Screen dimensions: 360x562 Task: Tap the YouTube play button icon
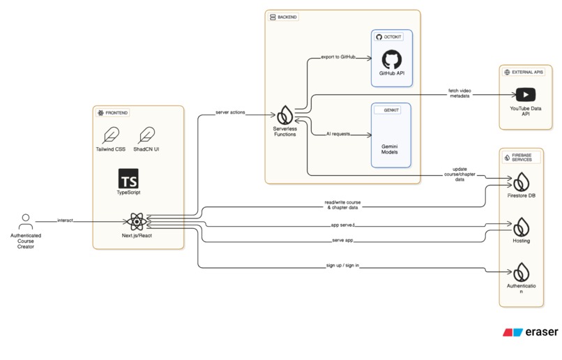point(525,94)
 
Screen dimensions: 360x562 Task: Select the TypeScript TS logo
point(128,179)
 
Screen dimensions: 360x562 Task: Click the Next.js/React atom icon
point(137,223)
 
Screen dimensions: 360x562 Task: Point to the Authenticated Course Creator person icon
point(26,223)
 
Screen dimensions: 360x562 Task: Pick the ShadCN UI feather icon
point(146,135)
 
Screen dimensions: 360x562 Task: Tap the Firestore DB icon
point(522,183)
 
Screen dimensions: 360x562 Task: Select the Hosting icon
point(522,227)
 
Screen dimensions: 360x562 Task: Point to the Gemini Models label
point(391,147)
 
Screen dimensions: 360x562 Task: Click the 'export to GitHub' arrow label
point(338,57)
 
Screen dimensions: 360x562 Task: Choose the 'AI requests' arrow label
point(338,133)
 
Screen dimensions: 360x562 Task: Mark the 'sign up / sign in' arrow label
point(342,267)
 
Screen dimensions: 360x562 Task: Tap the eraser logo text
point(541,332)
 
